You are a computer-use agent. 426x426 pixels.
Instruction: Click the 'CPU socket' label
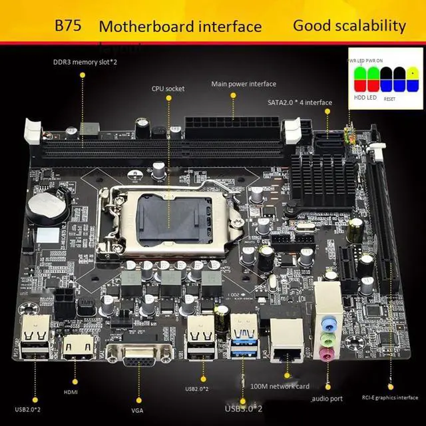(x=168, y=88)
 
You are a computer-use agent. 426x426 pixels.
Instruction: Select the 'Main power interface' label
(x=244, y=84)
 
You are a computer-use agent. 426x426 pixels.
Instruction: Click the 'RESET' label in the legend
(x=389, y=99)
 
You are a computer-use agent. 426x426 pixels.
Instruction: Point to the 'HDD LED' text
(x=362, y=98)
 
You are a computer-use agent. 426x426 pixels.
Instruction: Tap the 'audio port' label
(x=327, y=399)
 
